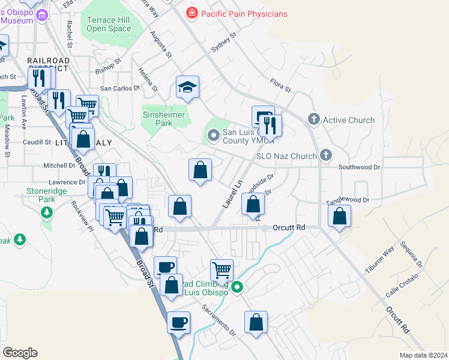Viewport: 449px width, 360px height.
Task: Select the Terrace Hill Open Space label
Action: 109,24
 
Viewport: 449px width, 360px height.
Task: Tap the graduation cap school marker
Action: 187,88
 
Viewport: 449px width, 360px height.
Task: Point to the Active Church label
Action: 349,120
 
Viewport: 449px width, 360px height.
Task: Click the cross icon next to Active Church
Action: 313,119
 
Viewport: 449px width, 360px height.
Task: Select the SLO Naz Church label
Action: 286,156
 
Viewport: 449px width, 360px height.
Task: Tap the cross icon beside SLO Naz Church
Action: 325,155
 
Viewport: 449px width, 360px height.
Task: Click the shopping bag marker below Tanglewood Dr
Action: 340,217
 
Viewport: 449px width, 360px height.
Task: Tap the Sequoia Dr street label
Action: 414,256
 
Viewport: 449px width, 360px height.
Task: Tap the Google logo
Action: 20,353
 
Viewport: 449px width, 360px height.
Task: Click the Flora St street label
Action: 280,85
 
